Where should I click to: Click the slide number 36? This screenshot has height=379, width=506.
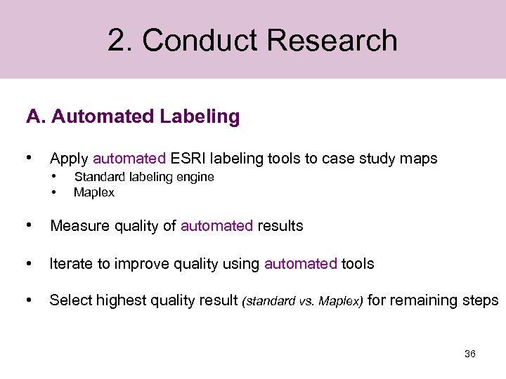470,354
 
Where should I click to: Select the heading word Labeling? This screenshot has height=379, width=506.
199,117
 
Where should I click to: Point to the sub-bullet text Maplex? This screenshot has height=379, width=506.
93,192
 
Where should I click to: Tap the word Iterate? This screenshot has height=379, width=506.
72,264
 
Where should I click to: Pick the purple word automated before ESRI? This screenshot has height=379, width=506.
129,159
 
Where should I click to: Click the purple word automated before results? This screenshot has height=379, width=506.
216,226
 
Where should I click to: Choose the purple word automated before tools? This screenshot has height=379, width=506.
301,264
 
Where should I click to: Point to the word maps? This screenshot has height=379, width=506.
421,159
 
